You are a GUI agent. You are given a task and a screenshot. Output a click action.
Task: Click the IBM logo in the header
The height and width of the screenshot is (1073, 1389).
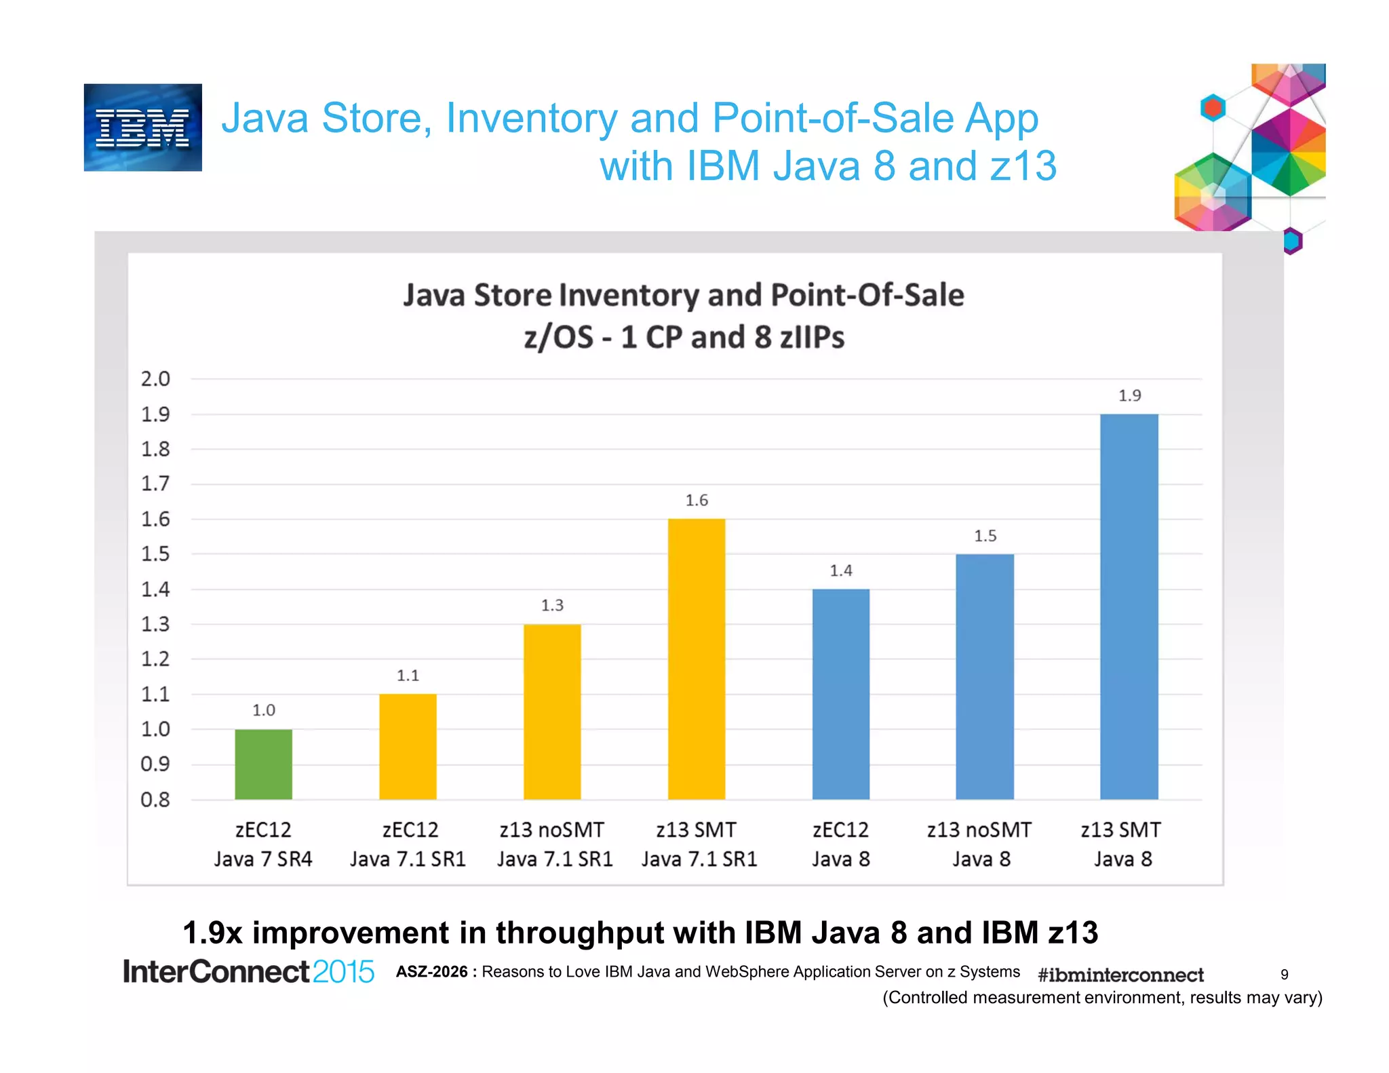click(142, 128)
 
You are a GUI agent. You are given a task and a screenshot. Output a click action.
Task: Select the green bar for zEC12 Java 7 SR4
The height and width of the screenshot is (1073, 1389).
click(263, 764)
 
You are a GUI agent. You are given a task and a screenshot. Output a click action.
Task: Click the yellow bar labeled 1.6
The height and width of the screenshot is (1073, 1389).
click(696, 658)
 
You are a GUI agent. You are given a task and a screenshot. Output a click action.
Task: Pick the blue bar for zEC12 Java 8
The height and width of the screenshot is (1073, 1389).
click(840, 693)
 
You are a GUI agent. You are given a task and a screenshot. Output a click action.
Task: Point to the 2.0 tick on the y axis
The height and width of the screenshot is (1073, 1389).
click(155, 379)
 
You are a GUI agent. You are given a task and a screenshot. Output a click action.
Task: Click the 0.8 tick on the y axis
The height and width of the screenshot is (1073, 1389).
click(155, 800)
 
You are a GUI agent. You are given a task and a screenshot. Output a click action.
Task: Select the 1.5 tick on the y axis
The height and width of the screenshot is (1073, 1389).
click(155, 554)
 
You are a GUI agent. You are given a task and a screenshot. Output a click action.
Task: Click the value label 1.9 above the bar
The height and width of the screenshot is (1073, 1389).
click(1129, 395)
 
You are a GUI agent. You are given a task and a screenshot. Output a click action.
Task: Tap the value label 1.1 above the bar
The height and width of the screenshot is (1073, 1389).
click(408, 676)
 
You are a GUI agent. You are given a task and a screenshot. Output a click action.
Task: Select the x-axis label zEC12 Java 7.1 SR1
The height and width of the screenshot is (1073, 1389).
click(408, 844)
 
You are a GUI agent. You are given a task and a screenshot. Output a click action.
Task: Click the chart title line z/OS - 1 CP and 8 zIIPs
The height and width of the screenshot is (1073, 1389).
click(684, 337)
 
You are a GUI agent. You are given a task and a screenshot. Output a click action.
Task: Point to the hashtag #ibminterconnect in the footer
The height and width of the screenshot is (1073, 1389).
click(1120, 975)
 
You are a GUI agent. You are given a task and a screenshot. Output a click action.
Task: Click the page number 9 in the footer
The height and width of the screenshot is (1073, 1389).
click(1284, 975)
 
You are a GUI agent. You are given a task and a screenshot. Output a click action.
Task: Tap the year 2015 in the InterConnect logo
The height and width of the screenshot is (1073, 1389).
click(343, 972)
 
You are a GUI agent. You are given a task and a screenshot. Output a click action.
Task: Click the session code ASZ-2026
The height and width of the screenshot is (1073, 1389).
click(432, 972)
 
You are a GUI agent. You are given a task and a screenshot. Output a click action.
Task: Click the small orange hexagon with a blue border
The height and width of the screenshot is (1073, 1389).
click(1213, 108)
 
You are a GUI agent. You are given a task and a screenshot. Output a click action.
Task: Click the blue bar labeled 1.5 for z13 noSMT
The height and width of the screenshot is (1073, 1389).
click(985, 676)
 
